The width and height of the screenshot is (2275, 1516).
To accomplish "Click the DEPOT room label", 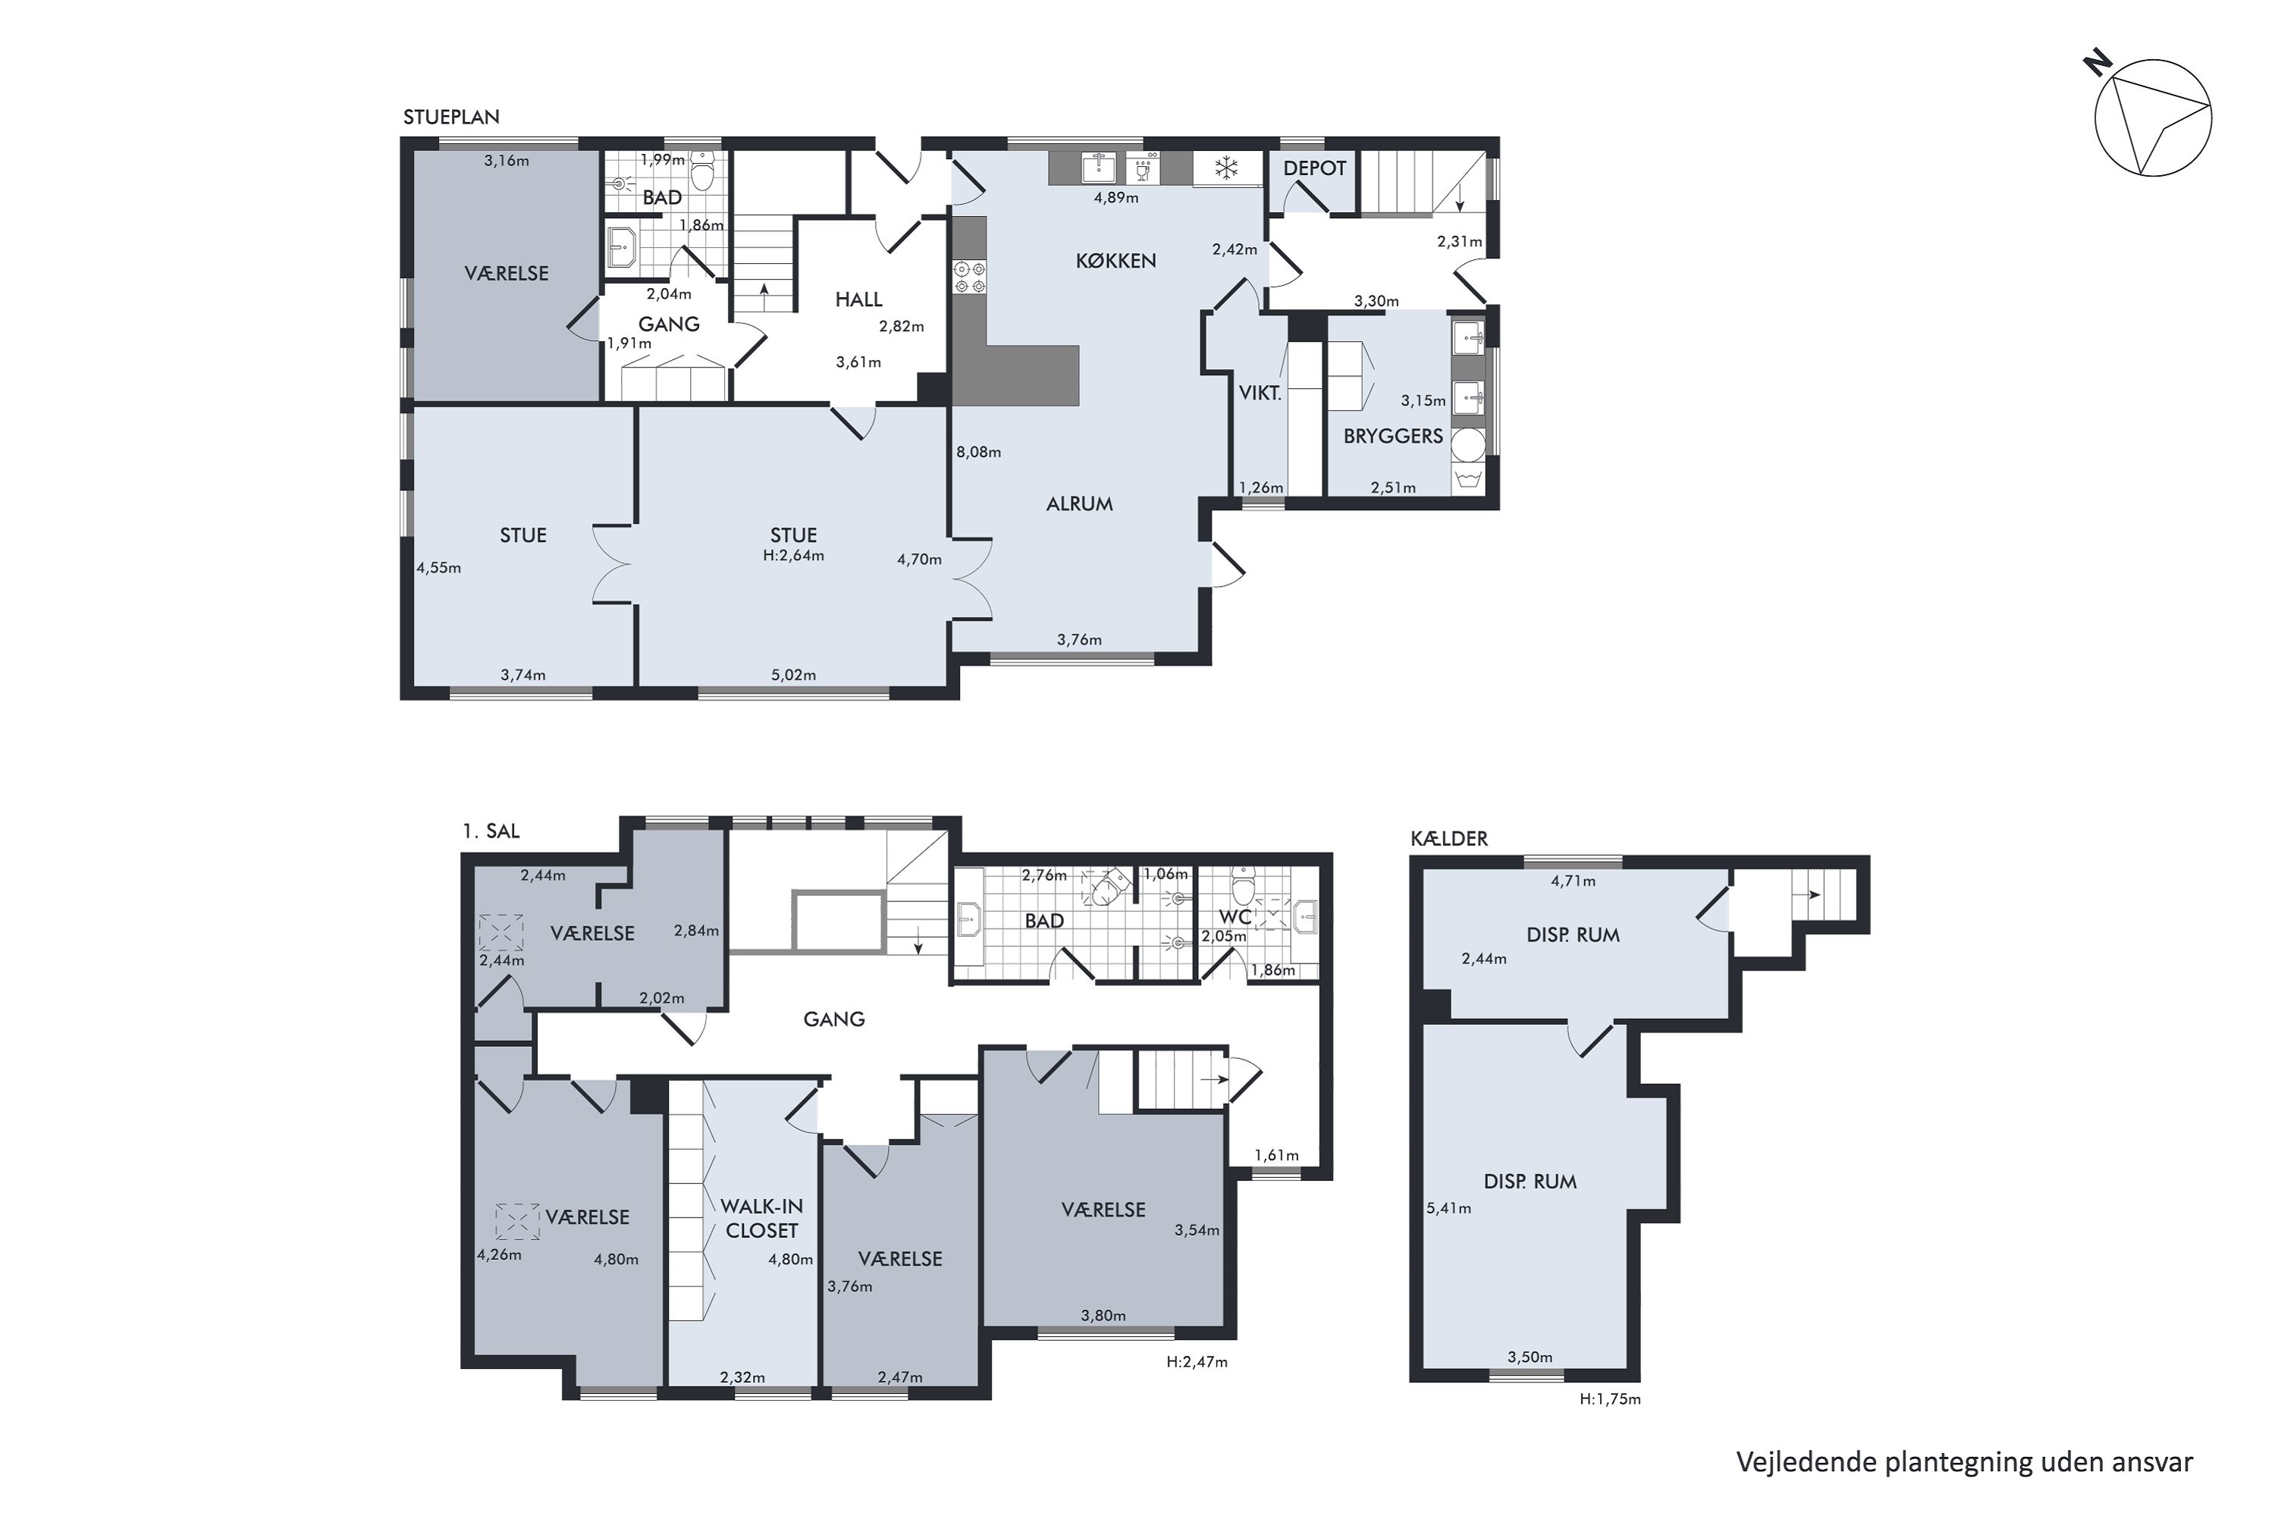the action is [1314, 168].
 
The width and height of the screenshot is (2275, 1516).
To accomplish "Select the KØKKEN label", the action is [1116, 261].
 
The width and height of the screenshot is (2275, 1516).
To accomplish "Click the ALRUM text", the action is [1079, 504].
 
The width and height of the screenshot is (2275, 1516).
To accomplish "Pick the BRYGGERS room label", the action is [1393, 436].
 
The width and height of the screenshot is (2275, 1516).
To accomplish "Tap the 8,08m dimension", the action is [979, 452].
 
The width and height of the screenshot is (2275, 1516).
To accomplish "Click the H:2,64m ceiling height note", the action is [793, 556].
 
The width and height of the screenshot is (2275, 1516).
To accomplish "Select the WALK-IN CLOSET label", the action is [762, 1218].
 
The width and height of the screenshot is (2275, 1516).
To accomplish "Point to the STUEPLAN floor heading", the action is [452, 117].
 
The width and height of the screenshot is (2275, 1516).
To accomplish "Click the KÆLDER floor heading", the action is [1449, 838].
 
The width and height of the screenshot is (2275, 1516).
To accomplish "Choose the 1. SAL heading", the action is [491, 831].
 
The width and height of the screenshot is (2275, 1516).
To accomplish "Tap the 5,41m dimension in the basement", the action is [1449, 1207].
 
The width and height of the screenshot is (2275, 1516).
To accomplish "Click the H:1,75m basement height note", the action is [1611, 1398].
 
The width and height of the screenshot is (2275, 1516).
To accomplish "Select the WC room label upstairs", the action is [1235, 916].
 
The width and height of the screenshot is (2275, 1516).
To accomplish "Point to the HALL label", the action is [859, 299].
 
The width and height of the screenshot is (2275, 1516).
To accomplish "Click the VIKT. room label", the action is [1260, 393].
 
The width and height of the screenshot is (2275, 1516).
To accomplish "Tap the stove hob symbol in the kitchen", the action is [969, 277].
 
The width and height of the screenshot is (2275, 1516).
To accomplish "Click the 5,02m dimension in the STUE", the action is [793, 675].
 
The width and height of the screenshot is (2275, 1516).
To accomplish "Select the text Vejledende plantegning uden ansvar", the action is [1965, 1462].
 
